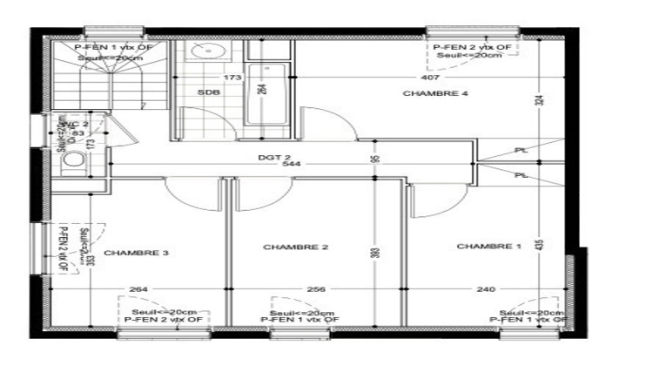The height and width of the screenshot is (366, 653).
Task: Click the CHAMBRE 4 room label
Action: pos(430,93)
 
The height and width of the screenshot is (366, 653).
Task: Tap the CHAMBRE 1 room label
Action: pos(488,247)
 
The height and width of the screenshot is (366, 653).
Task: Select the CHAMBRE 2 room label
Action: pos(295,247)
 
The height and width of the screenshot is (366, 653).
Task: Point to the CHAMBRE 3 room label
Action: pos(136,254)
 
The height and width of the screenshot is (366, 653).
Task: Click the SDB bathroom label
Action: pos(207,92)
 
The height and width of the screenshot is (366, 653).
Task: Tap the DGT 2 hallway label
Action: pos(273,158)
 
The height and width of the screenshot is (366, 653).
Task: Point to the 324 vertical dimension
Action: pos(539,101)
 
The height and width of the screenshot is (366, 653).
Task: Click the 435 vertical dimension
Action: pos(540,247)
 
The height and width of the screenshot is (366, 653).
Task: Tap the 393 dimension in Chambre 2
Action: pos(374,252)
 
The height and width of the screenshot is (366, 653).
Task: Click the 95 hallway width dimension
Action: pos(374,158)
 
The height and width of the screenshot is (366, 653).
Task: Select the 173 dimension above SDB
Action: pos(232,78)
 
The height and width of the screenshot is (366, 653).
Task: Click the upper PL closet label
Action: pos(520,150)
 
